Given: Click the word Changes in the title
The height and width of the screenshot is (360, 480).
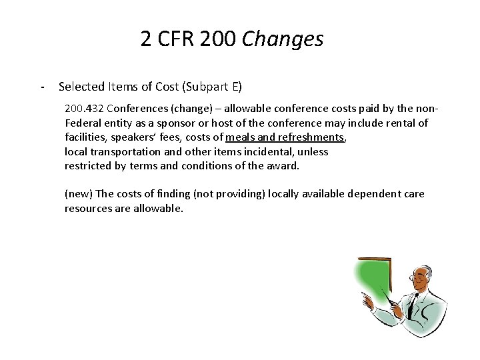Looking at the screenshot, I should (283, 39).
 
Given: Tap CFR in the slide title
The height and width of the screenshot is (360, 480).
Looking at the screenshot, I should (175, 39).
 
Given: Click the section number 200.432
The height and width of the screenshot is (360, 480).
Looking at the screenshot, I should (84, 108).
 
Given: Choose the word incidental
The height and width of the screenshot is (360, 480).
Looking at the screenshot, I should (246, 151).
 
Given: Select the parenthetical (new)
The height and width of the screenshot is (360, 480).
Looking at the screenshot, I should (79, 194).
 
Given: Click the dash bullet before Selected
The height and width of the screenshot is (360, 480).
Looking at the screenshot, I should (43, 87).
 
